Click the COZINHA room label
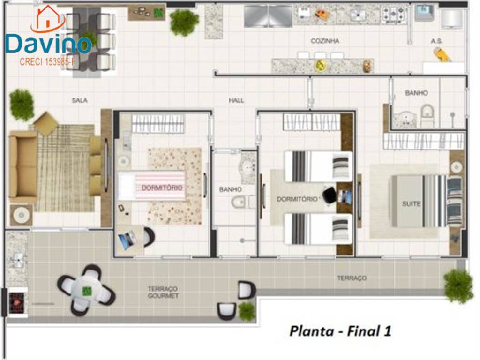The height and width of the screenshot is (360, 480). [x=325, y=41]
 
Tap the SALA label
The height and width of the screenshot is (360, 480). [x=80, y=100]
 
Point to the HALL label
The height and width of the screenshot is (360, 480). [x=236, y=100]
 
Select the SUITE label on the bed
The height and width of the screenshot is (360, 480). [x=411, y=203]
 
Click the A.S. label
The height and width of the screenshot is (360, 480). [x=436, y=41]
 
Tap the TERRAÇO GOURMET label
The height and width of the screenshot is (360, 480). [x=163, y=292]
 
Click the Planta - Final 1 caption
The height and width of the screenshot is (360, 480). [x=340, y=331]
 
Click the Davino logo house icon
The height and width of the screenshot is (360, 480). [x=48, y=18]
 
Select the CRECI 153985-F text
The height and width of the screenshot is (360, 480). [x=47, y=62]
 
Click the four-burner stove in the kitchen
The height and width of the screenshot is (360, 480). [x=394, y=14]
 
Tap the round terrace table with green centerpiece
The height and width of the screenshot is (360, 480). [x=86, y=290]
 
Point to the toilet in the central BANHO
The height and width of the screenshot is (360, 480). [x=240, y=202]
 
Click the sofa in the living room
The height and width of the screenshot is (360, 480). [x=22, y=166]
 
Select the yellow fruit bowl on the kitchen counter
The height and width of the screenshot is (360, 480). [x=320, y=65]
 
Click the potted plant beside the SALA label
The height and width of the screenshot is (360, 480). [x=22, y=105]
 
